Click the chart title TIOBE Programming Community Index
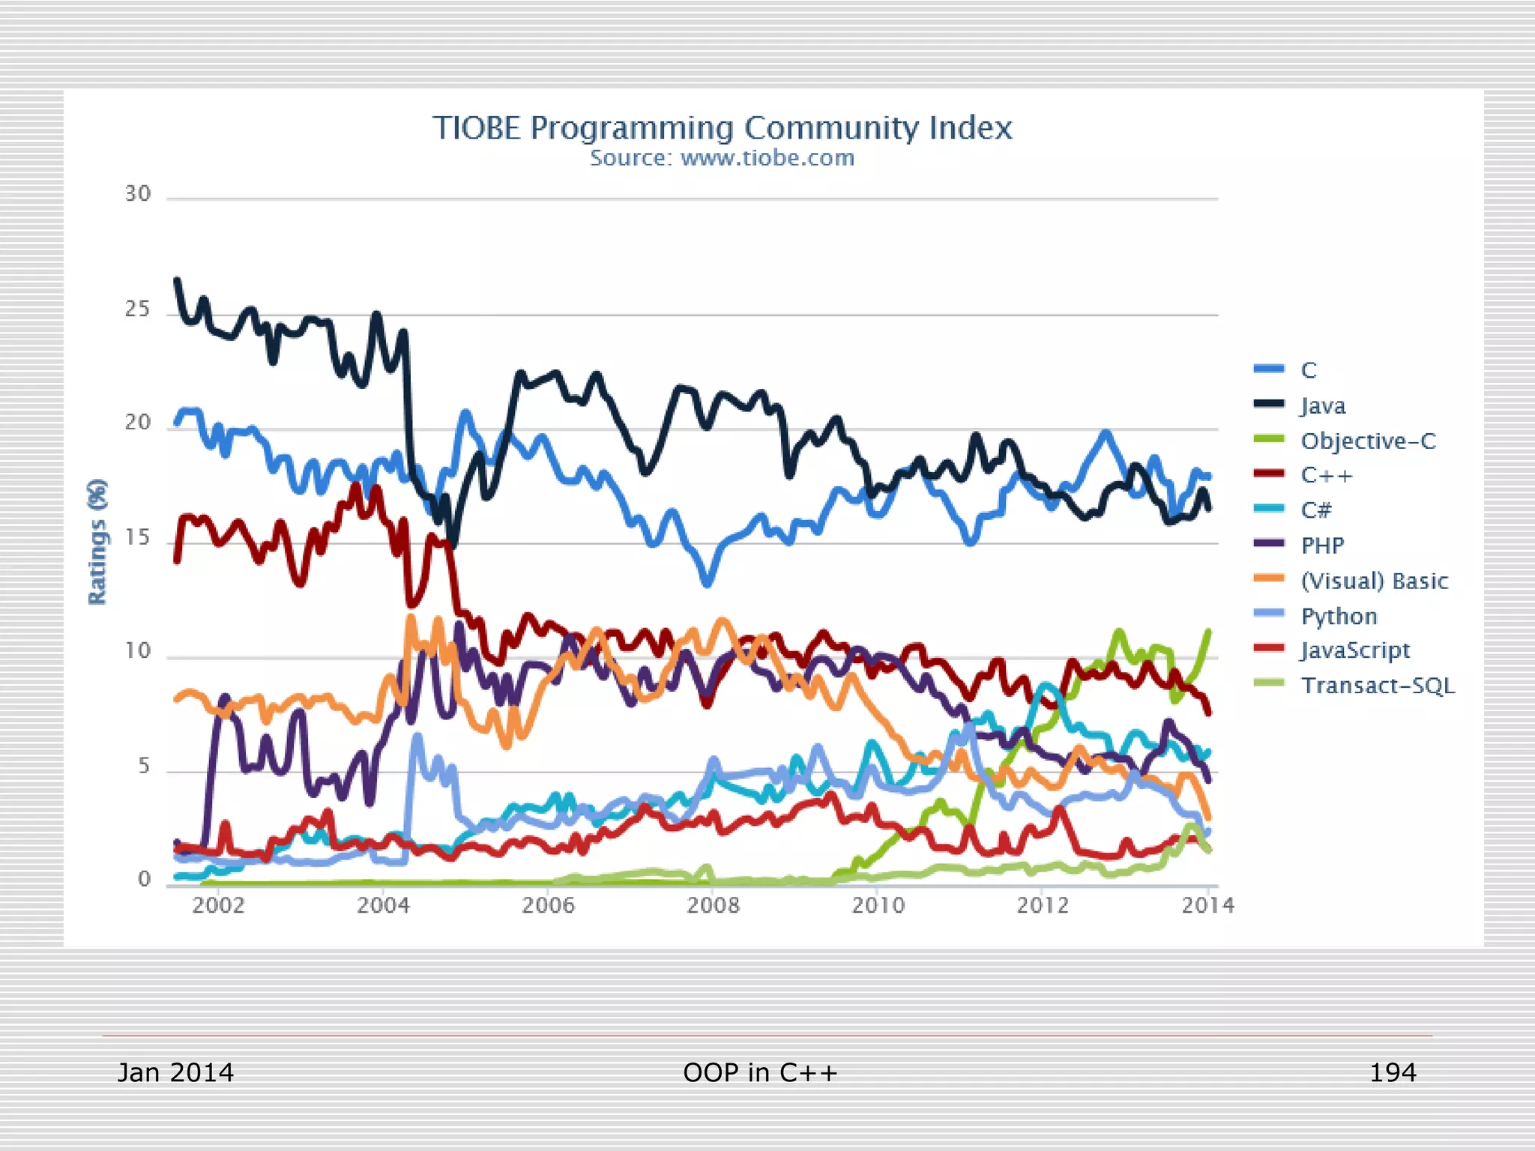tap(722, 128)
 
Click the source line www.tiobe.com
tap(722, 158)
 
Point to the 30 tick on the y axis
tap(138, 194)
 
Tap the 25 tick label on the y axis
tap(138, 309)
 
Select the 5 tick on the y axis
tap(144, 766)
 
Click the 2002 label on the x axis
tap(218, 905)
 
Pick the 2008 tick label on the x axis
tap(713, 905)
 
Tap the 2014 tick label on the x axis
tap(1207, 905)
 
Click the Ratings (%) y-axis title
tap(97, 541)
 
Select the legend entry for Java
tap(1323, 405)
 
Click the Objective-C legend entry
tap(1368, 441)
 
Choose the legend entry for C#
tap(1316, 510)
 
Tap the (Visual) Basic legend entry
tap(1374, 581)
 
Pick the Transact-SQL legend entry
tap(1378, 686)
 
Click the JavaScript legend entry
tap(1355, 650)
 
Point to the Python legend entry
tap(1339, 616)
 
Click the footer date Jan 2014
tap(175, 1072)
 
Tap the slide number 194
tap(1393, 1072)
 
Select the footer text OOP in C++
tap(760, 1072)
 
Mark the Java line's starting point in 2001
tap(177, 280)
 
